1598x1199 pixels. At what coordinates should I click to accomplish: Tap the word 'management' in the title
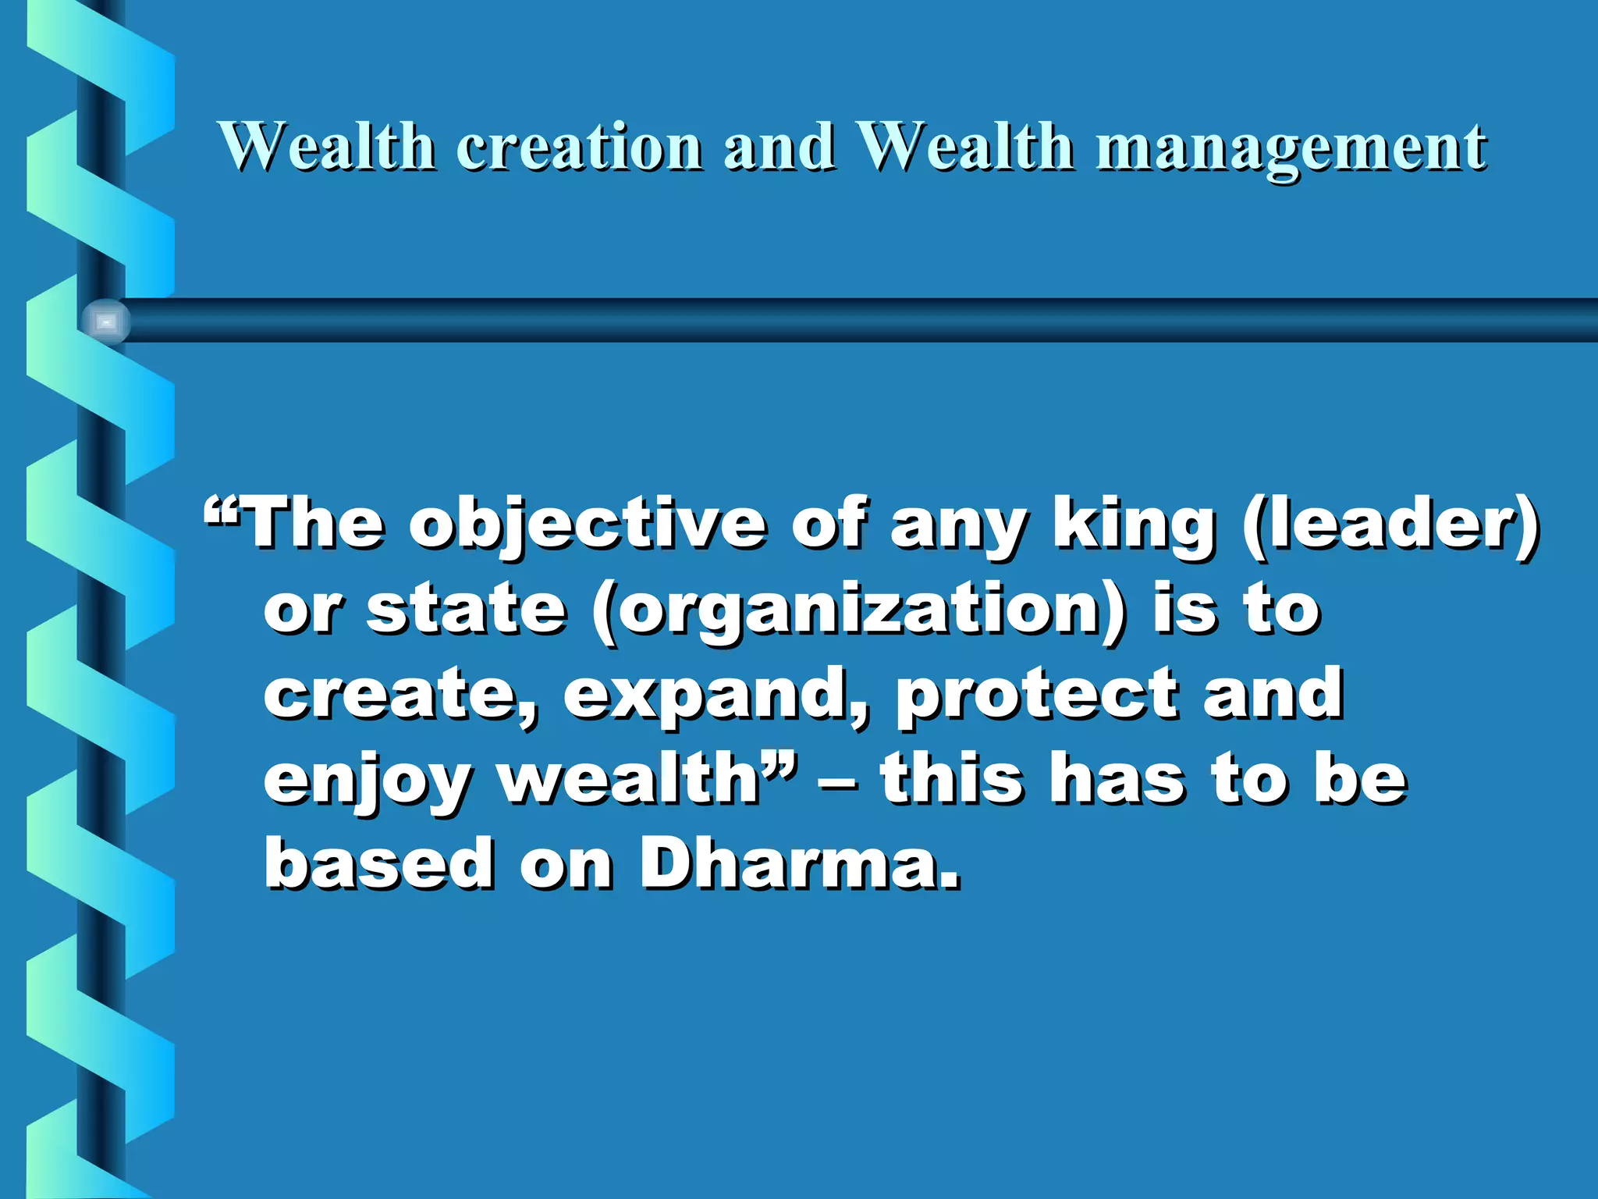(1291, 148)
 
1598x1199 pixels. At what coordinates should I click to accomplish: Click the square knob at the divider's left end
(106, 321)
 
